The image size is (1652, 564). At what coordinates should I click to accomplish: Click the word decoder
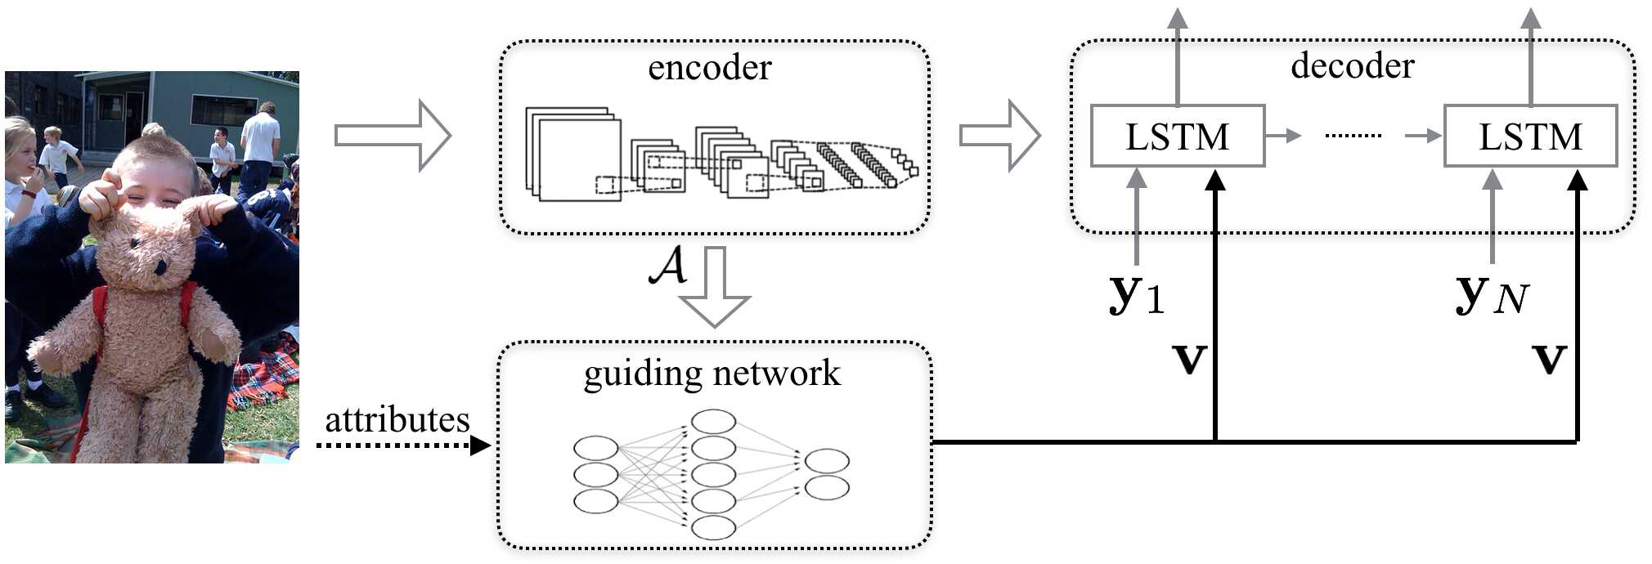pyautogui.click(x=1353, y=66)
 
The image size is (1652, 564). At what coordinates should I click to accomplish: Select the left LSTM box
pyautogui.click(x=1178, y=136)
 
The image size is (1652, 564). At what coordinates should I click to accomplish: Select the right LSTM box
pyautogui.click(x=1530, y=136)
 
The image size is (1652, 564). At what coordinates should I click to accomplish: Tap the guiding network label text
pyautogui.click(x=712, y=374)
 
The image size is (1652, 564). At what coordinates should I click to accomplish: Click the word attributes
pyautogui.click(x=397, y=420)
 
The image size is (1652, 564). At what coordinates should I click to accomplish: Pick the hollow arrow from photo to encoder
pyautogui.click(x=393, y=136)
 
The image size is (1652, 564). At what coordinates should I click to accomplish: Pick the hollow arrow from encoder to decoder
pyautogui.click(x=999, y=136)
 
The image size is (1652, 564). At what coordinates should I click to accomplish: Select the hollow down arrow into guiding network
pyautogui.click(x=715, y=287)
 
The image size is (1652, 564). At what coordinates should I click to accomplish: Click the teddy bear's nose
pyautogui.click(x=160, y=267)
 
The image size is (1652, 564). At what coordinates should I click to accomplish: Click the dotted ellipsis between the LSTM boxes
pyautogui.click(x=1353, y=136)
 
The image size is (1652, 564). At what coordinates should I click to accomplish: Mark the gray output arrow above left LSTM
pyautogui.click(x=1178, y=57)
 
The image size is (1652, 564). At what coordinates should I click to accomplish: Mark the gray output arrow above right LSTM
pyautogui.click(x=1531, y=57)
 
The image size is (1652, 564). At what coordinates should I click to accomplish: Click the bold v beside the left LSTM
pyautogui.click(x=1190, y=359)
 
